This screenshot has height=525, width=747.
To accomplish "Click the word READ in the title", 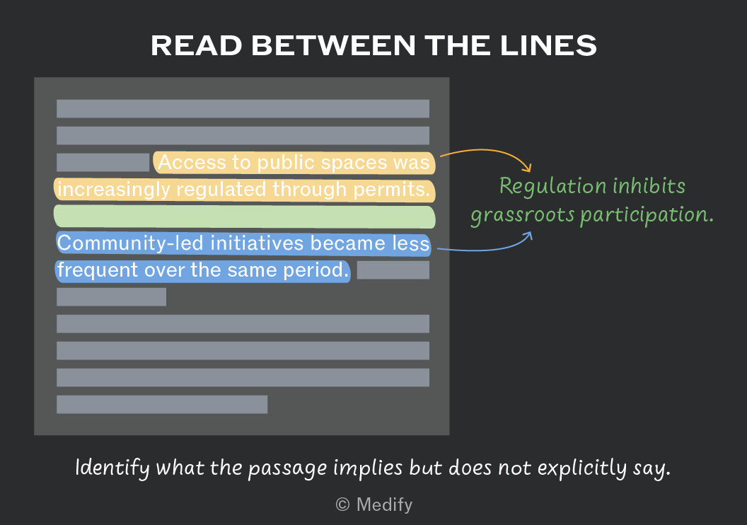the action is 197,46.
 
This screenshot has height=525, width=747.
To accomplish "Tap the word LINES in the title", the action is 548,46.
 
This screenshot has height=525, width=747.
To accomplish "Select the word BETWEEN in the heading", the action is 333,46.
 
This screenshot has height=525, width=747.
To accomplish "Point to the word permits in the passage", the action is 392,190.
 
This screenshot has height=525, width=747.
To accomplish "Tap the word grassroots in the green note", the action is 523,215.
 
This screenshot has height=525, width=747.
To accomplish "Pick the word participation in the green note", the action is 647,215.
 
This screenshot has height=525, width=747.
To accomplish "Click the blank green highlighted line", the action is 244,217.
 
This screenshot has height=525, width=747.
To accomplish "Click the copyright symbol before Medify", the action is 342,504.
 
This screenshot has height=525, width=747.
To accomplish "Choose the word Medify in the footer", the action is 384,504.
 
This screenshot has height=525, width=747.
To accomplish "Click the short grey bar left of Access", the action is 103,163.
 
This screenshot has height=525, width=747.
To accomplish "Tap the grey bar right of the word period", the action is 393,270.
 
